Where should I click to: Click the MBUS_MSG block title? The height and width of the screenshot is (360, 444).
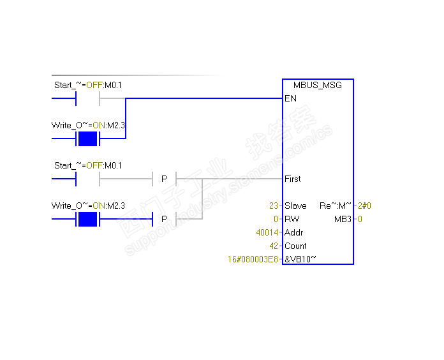(318, 85)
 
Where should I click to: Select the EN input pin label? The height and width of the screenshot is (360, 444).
(290, 98)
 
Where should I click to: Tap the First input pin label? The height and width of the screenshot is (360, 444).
(293, 179)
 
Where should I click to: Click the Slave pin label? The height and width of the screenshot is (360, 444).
(295, 206)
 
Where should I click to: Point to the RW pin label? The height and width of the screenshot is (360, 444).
(292, 219)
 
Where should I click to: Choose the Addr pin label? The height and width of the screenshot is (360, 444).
(294, 232)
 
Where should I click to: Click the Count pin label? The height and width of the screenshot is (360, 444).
(295, 246)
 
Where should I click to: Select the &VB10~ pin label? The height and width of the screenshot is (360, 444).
(300, 259)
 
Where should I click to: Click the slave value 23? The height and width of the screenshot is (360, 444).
(274, 206)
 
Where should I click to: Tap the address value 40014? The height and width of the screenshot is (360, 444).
(267, 232)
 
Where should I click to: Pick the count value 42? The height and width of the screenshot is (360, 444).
(274, 246)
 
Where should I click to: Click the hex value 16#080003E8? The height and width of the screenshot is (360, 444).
(253, 259)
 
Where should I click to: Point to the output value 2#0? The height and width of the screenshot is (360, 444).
(364, 206)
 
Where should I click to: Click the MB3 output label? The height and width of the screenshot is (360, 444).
(343, 219)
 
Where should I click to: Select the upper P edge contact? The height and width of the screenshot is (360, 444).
(164, 179)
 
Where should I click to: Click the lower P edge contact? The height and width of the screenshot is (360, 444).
(164, 219)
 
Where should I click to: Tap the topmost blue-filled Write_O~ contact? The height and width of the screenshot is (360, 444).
(87, 139)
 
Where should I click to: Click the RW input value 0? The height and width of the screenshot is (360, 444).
(276, 219)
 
